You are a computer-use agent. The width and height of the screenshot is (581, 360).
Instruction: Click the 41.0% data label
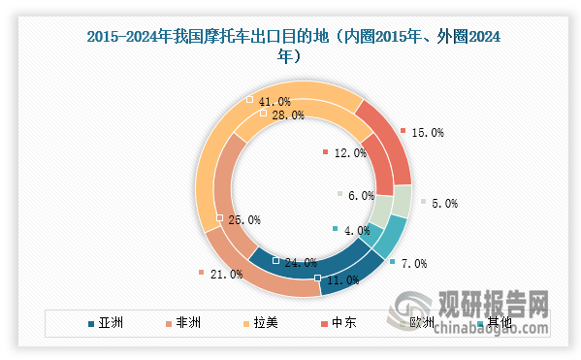(x=275, y=101)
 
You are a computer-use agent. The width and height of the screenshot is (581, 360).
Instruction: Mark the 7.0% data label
(x=413, y=264)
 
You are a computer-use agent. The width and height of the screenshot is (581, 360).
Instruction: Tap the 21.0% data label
(x=225, y=275)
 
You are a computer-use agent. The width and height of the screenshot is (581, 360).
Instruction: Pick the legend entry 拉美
(x=265, y=323)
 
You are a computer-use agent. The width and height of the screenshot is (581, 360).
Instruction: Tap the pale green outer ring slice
(x=401, y=203)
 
